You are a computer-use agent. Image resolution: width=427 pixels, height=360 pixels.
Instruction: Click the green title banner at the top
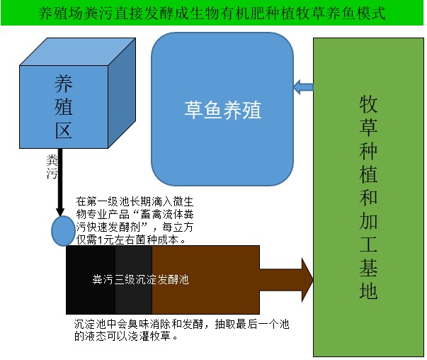[212, 13]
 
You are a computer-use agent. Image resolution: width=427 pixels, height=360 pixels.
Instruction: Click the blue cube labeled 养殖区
[63, 107]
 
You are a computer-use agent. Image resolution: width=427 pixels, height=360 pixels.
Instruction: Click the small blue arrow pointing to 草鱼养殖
[303, 87]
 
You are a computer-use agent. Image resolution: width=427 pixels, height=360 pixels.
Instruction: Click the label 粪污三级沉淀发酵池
[140, 280]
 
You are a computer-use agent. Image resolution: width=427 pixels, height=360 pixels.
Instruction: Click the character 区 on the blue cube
[63, 130]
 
